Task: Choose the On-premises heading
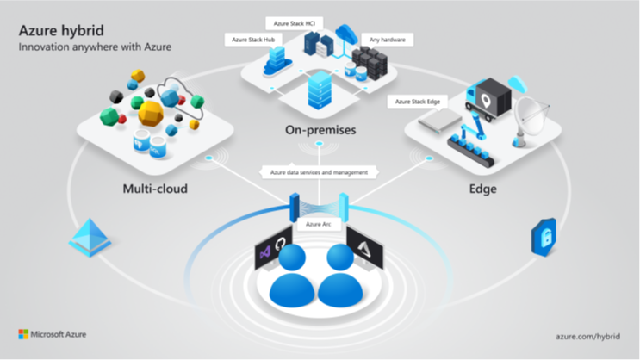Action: (x=320, y=131)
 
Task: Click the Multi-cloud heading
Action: (x=153, y=186)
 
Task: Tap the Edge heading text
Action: (x=482, y=187)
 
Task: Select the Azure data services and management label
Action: (x=320, y=172)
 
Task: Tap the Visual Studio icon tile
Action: (x=263, y=251)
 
